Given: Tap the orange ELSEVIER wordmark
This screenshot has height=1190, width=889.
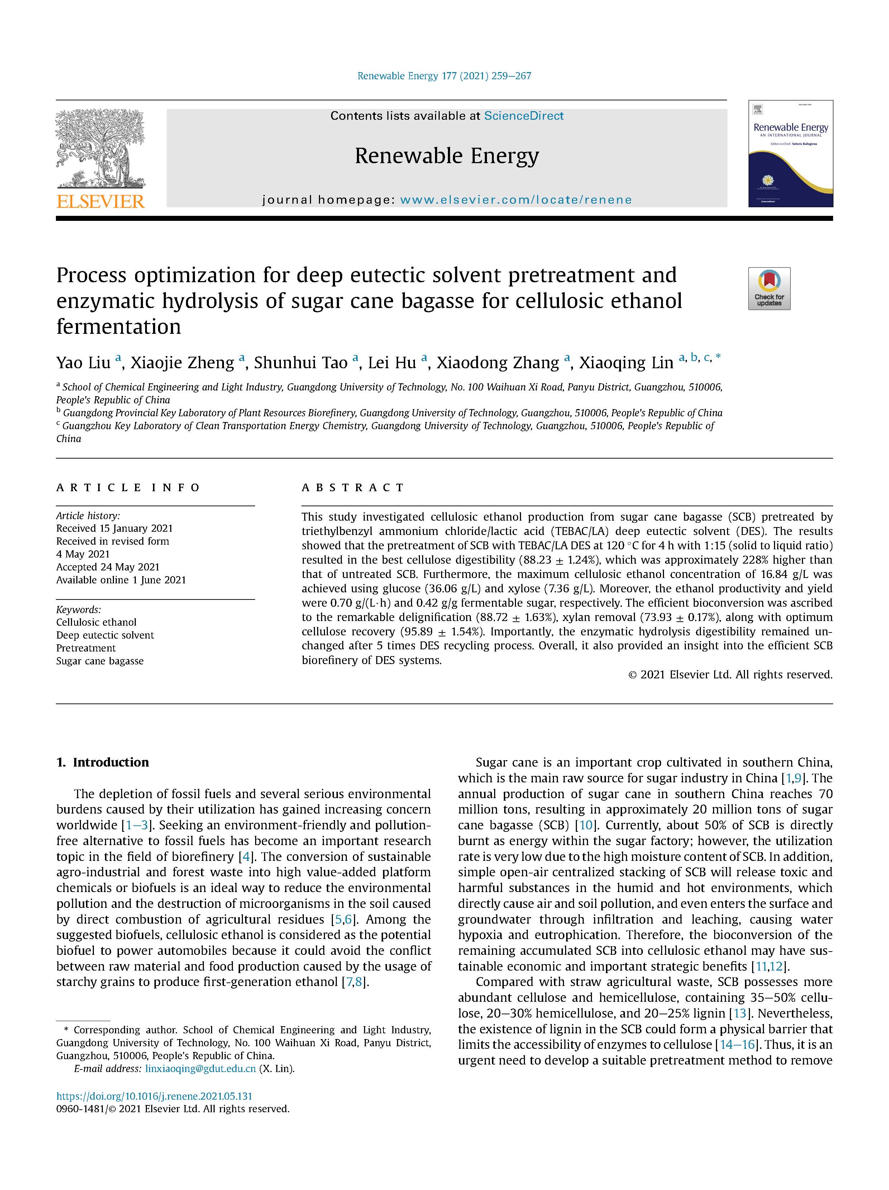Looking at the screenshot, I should [100, 201].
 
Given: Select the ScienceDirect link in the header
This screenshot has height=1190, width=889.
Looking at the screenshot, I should [524, 116].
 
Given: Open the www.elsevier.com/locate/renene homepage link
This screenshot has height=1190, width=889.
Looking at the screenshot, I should [516, 200].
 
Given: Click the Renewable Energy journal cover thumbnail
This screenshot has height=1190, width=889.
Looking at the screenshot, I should [790, 153].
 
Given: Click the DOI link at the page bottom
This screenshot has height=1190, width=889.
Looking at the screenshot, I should [154, 1096].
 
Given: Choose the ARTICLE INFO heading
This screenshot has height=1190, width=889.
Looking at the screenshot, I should [128, 487].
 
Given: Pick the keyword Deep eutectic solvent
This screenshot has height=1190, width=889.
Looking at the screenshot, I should [105, 635].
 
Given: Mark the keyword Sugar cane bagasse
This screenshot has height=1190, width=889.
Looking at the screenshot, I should [100, 661].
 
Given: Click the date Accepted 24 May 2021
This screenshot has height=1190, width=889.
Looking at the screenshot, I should [108, 566].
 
